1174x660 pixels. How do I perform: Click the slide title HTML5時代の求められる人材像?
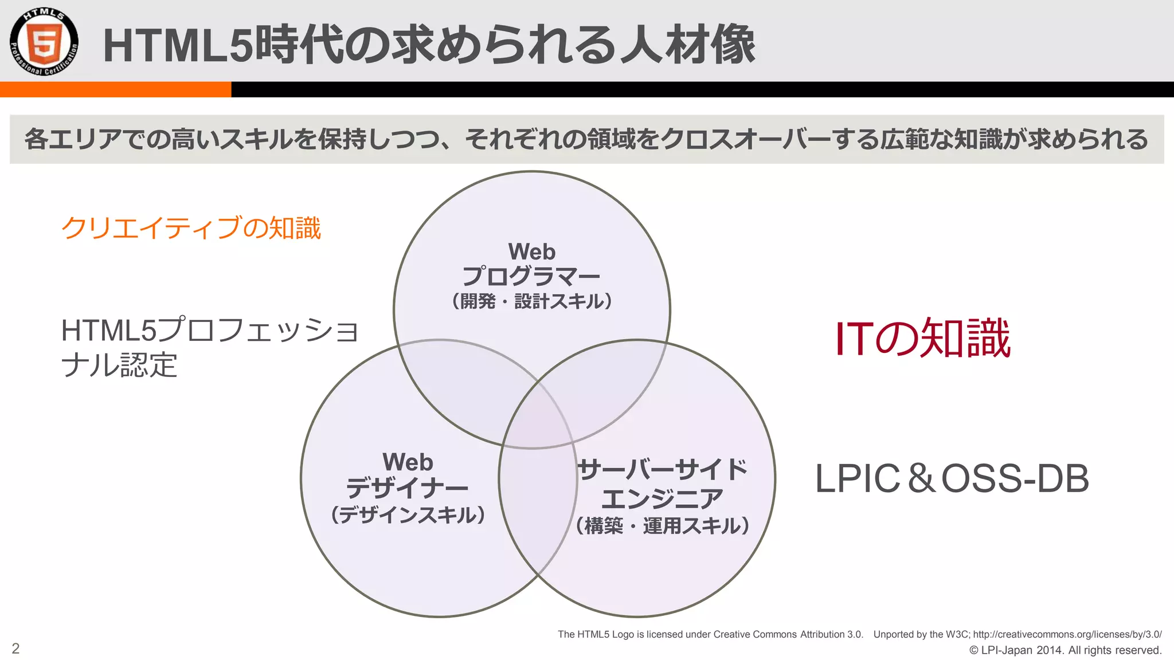[429, 45]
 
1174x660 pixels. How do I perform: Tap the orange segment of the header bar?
[115, 89]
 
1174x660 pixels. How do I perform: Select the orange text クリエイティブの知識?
[191, 228]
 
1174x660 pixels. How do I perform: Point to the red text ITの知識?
[923, 339]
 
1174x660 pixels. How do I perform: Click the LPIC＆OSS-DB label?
[952, 478]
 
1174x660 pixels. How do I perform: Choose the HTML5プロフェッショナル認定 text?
[209, 347]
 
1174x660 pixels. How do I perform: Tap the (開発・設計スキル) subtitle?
[531, 301]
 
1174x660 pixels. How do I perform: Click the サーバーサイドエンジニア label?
[663, 484]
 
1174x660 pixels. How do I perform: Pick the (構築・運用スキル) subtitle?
[663, 525]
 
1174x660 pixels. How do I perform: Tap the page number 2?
[15, 649]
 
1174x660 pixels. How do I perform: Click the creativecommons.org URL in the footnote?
[1067, 634]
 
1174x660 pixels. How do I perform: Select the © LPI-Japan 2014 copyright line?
[1065, 650]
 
